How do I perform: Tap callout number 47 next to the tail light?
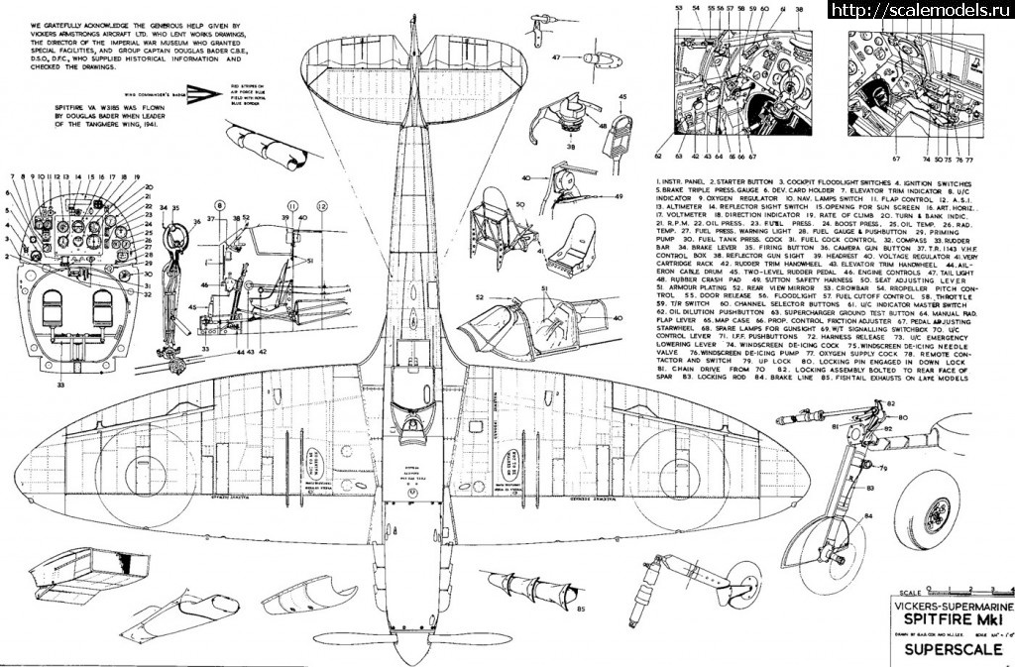tap(557, 56)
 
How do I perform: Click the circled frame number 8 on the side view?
tap(235, 205)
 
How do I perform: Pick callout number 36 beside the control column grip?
tap(196, 220)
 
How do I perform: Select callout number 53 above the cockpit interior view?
tap(680, 7)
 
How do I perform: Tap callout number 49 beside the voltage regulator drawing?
tap(618, 195)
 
